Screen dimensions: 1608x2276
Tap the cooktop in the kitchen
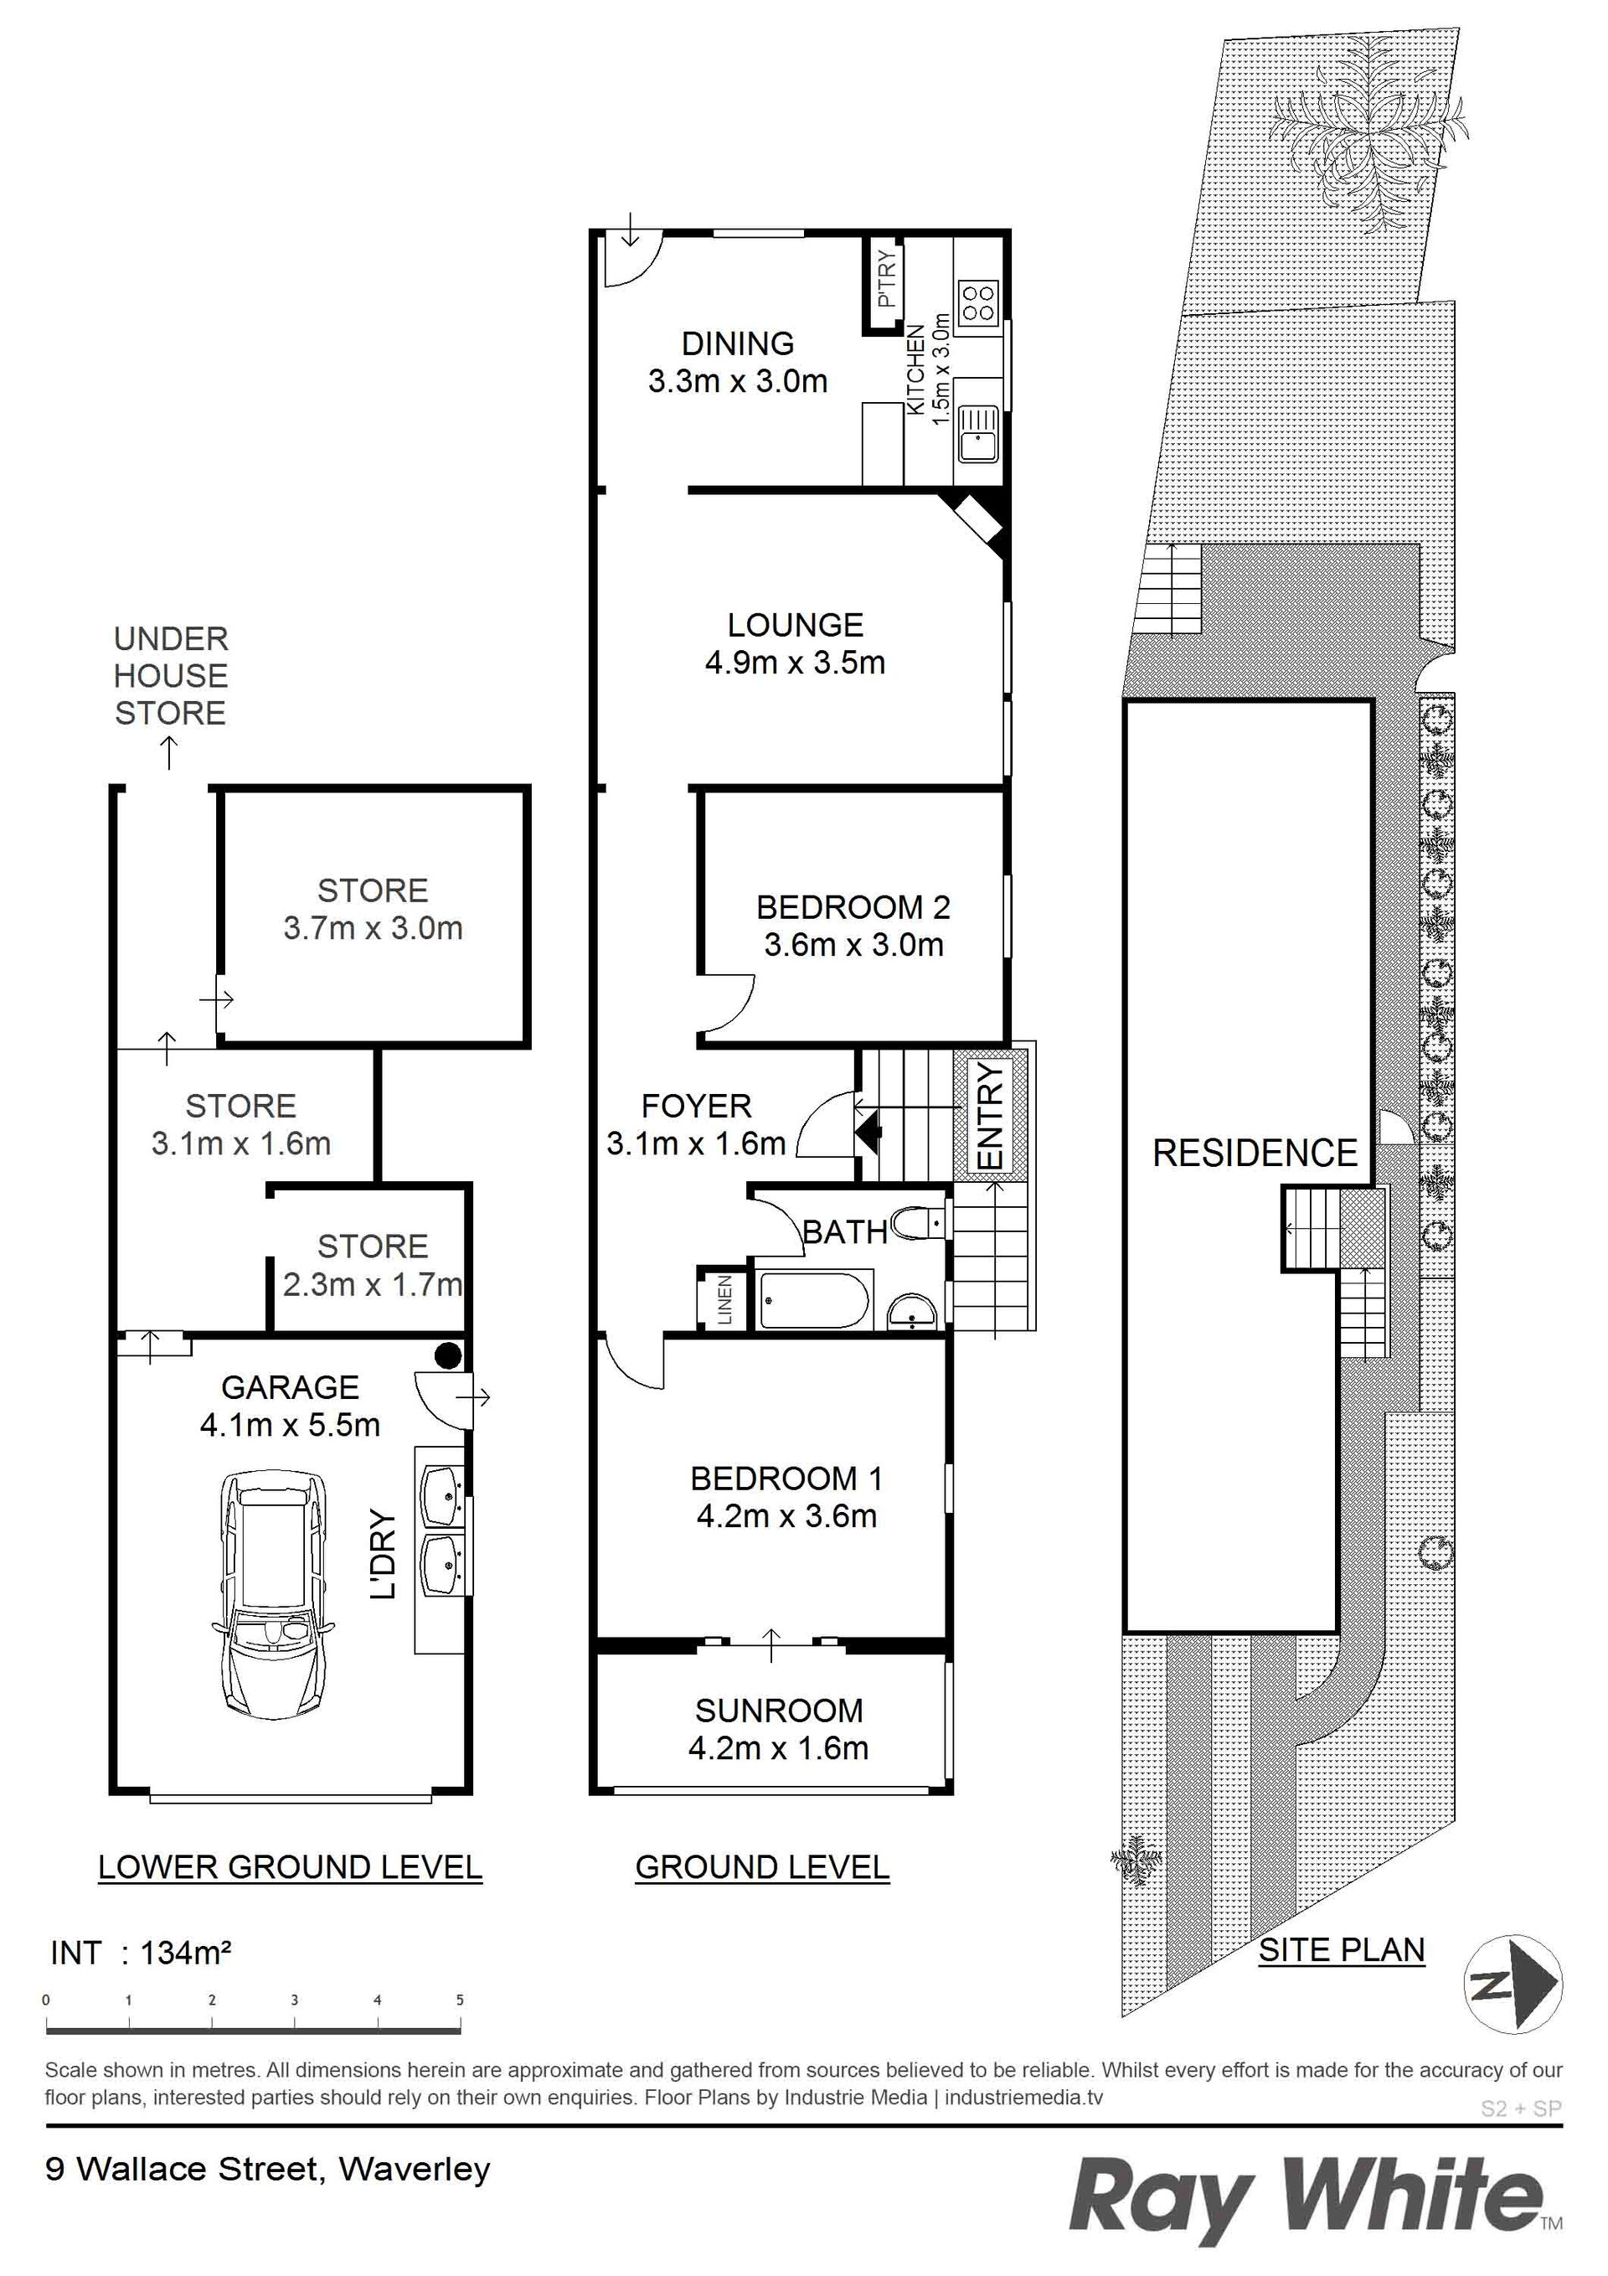coord(977,302)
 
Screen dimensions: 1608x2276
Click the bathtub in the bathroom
coord(814,1298)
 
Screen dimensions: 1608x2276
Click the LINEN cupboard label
coord(724,1299)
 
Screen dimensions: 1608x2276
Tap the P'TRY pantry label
coord(886,277)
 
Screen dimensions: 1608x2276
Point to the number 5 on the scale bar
coord(460,2000)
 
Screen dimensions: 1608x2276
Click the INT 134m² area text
coord(141,1953)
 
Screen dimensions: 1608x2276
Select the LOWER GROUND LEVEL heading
coord(290,1866)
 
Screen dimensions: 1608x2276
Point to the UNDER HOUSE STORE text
coord(171,675)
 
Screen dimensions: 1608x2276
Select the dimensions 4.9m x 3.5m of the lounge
coord(795,662)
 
